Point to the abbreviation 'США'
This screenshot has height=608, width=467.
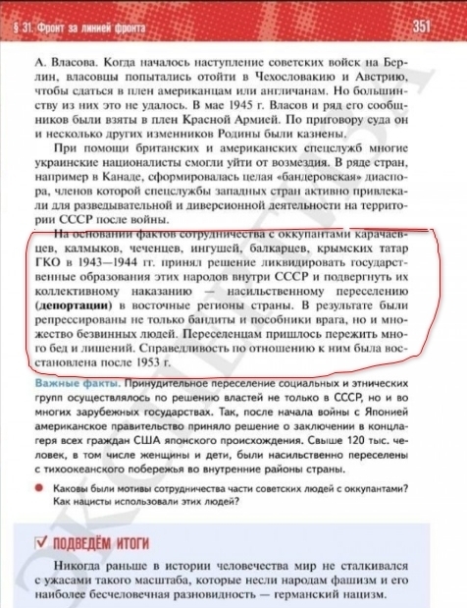pos(142,442)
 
